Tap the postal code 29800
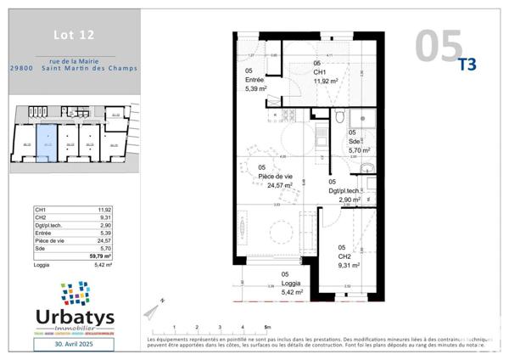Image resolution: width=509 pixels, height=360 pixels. pyautogui.click(x=24, y=69)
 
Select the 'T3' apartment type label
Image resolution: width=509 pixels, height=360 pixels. pyautogui.click(x=467, y=63)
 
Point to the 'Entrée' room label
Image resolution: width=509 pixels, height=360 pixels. pyautogui.click(x=255, y=80)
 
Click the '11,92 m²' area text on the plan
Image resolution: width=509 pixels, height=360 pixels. pyautogui.click(x=326, y=82)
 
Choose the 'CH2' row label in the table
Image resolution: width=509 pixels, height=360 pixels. pyautogui.click(x=40, y=217)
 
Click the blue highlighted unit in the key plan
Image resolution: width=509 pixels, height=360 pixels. pyautogui.click(x=48, y=144)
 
